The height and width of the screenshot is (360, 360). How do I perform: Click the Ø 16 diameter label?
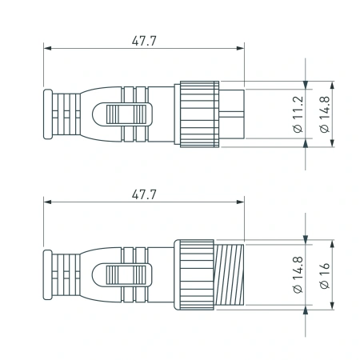[x=324, y=276]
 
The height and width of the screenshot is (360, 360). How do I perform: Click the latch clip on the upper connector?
[x=126, y=115]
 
